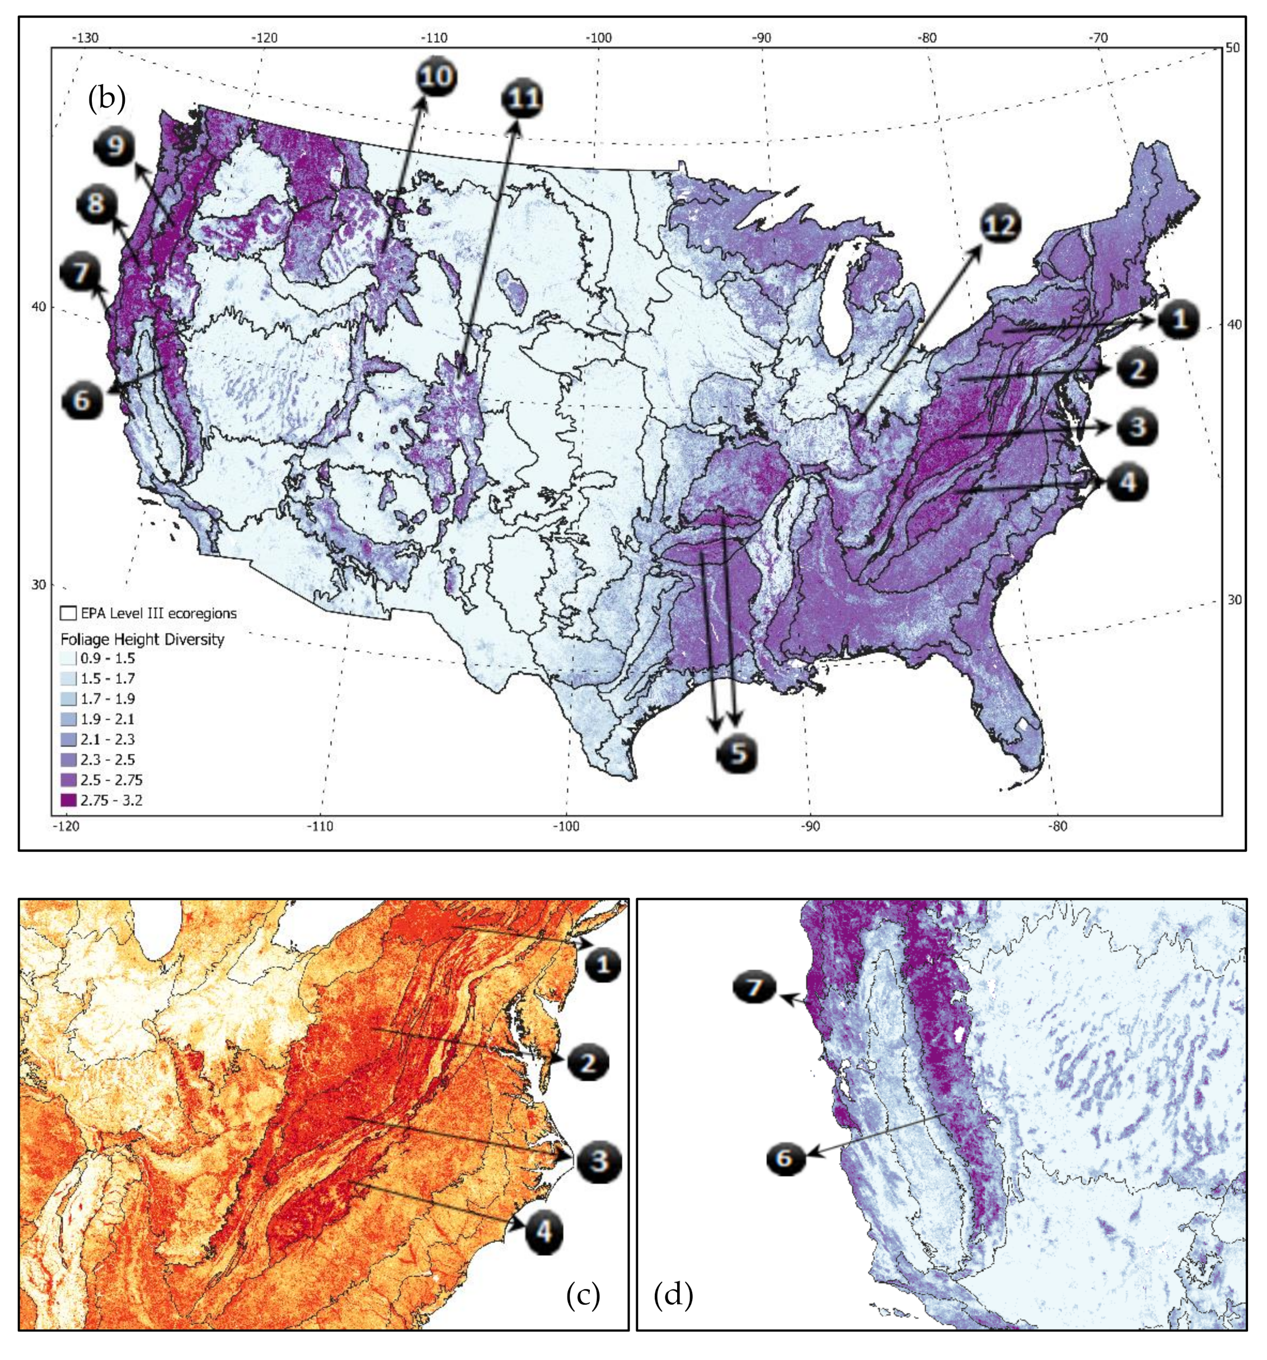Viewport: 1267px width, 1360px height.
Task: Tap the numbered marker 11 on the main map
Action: pos(522,98)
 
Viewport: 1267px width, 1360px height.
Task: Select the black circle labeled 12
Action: pos(1000,225)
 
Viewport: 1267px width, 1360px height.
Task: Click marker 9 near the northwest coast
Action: pos(115,147)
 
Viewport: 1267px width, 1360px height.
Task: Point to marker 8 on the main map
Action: pos(96,203)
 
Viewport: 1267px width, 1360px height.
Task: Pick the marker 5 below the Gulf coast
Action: pos(736,753)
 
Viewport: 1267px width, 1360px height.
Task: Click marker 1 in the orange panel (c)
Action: pos(602,965)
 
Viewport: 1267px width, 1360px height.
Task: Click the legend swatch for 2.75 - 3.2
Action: pos(68,800)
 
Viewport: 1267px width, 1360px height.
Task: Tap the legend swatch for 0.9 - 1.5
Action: pos(68,658)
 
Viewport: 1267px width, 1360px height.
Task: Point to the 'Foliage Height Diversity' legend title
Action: pos(142,640)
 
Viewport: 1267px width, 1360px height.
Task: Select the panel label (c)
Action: pos(583,1295)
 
